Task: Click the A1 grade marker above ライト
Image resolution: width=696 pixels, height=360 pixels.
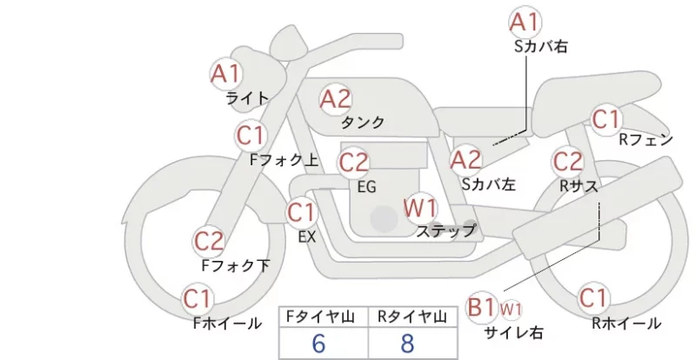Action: point(225,74)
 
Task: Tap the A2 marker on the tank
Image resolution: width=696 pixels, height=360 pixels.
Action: point(336,99)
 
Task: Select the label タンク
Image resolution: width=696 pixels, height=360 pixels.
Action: point(362,122)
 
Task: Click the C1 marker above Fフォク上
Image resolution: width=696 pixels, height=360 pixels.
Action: point(251,136)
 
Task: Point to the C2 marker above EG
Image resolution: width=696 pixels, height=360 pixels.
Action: point(354,163)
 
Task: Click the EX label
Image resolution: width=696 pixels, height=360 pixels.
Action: point(307,237)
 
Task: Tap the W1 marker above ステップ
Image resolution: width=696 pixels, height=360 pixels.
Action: point(420,208)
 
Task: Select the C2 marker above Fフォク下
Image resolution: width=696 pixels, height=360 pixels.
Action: point(209,242)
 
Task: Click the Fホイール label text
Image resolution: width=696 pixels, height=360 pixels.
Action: point(227,323)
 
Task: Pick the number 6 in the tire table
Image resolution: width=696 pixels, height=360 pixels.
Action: point(319,343)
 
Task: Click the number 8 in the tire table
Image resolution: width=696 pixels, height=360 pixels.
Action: point(407,343)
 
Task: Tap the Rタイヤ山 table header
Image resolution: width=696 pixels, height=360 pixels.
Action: point(412,317)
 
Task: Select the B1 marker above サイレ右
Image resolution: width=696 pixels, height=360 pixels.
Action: point(482,307)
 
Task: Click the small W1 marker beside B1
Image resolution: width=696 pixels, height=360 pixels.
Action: point(511,310)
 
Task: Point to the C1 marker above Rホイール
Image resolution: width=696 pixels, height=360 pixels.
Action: point(593,298)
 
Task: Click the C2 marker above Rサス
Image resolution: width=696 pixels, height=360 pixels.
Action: point(568,162)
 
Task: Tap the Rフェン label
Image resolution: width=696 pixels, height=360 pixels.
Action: point(646,140)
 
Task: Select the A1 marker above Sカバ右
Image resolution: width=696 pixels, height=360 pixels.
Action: point(525,23)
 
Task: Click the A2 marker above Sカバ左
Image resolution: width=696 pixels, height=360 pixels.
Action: point(465,160)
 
